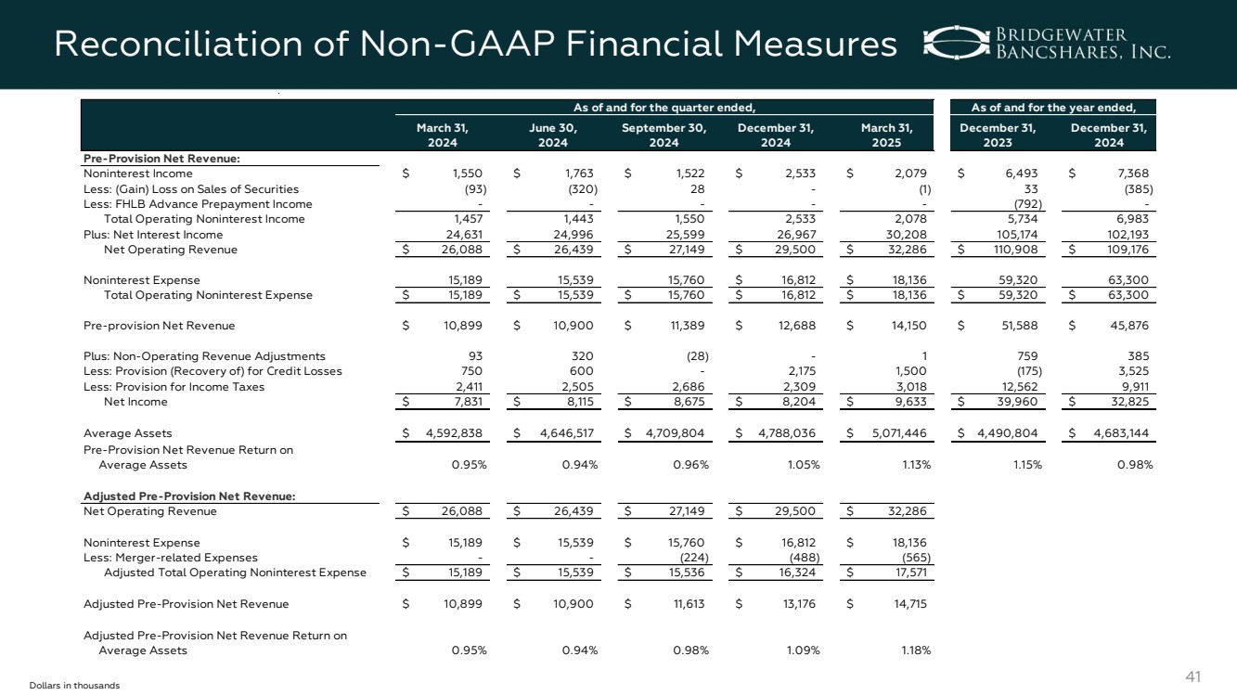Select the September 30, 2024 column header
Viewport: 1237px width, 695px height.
(x=664, y=135)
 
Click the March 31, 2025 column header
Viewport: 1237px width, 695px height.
(x=886, y=135)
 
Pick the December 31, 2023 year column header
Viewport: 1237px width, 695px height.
(x=998, y=135)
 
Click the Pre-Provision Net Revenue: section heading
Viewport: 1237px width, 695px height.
(x=161, y=158)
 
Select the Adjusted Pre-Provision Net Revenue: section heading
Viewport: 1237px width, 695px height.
(x=189, y=496)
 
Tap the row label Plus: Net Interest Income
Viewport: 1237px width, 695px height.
(x=153, y=235)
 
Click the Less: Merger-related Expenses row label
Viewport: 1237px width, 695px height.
(x=171, y=558)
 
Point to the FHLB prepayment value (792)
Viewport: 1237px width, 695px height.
(x=1024, y=204)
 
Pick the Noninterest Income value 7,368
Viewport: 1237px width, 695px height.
(x=1135, y=174)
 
